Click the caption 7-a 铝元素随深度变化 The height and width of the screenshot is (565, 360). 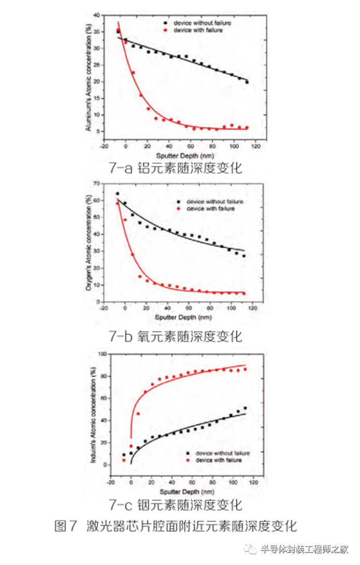click(x=176, y=168)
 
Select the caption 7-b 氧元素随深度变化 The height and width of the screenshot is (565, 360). click(x=176, y=336)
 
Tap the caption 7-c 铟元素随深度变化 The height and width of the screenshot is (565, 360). click(x=176, y=504)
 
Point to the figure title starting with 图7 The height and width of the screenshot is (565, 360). click(x=176, y=526)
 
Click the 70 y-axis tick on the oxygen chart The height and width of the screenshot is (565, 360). click(x=95, y=183)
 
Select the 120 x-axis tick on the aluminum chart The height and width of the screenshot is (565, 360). click(x=255, y=147)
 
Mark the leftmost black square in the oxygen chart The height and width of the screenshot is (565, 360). click(x=118, y=194)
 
